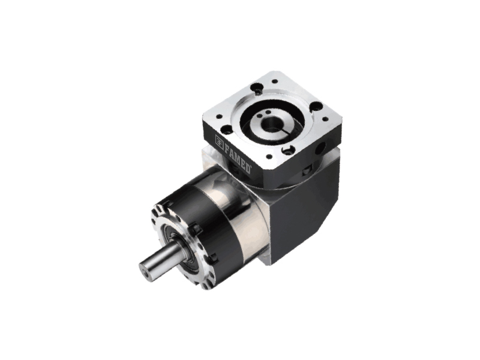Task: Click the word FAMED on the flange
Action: pos(238,158)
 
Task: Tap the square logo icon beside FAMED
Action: pos(219,140)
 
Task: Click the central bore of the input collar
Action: pos(271,123)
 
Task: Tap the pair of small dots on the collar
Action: pos(264,113)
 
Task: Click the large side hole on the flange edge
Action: pos(322,149)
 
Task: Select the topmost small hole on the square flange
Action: pos(275,82)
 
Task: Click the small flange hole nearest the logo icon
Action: pos(219,116)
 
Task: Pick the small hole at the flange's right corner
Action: pos(325,119)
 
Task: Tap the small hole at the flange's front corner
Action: pos(269,157)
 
